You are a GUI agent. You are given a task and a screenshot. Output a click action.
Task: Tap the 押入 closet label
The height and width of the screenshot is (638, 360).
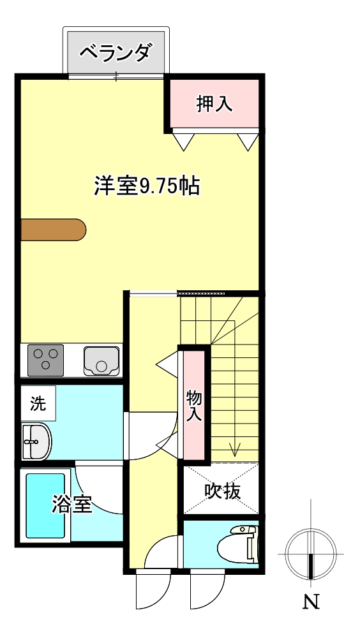click(x=214, y=103)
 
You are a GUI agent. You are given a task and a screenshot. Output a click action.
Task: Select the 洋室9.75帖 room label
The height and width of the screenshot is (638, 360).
click(x=147, y=186)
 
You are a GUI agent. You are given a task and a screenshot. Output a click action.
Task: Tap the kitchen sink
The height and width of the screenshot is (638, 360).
click(x=101, y=360)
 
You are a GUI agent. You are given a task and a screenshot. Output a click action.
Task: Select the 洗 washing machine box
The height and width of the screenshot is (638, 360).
click(x=38, y=403)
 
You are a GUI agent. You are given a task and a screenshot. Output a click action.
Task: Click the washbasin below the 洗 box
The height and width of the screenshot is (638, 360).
click(x=36, y=441)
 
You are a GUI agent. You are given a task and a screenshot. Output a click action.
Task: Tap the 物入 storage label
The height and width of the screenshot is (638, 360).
click(x=194, y=406)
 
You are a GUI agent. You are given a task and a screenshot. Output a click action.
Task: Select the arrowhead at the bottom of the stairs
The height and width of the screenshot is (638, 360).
click(x=235, y=450)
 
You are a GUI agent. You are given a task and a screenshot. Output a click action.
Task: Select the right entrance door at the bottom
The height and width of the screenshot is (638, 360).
click(x=206, y=590)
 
